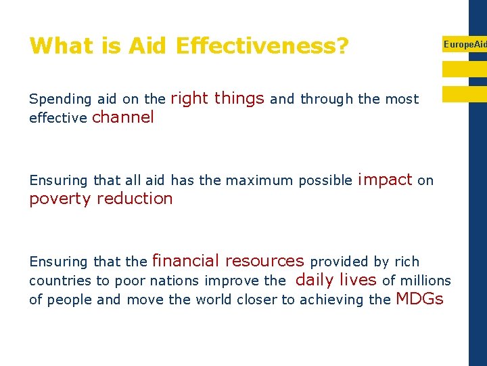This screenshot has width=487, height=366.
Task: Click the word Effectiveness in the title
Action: tap(262, 46)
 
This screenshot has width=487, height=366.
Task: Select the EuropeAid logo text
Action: tap(464, 44)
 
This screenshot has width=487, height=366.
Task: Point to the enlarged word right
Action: tap(189, 99)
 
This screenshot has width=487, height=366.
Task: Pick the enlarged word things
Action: tap(239, 99)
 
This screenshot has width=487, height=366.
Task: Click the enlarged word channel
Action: tap(122, 118)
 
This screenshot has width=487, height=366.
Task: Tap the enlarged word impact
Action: tap(385, 180)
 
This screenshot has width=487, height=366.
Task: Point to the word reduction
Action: tap(135, 199)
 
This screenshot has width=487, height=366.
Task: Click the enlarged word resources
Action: tap(264, 261)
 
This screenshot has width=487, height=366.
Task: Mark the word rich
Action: tap(407, 262)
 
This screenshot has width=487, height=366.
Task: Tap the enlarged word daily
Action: tap(315, 280)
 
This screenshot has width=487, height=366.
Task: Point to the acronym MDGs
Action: tap(419, 299)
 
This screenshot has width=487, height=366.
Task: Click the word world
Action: tap(213, 300)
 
